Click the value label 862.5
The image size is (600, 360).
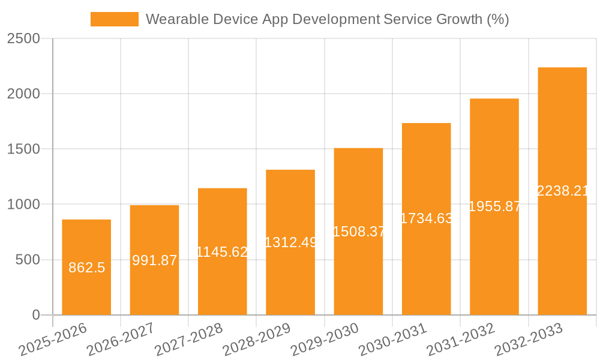(x=86, y=268)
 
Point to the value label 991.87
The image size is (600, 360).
(x=154, y=260)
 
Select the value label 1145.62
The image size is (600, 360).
(x=223, y=252)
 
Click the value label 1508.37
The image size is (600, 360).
(x=358, y=232)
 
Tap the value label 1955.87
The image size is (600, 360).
(x=494, y=206)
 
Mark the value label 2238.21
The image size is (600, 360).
(x=562, y=191)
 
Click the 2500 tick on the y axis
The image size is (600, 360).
(x=23, y=39)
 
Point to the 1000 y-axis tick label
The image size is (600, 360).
(x=23, y=205)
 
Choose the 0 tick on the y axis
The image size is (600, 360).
(x=35, y=315)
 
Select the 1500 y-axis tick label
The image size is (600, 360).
(x=23, y=149)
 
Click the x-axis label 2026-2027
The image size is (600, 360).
(x=120, y=340)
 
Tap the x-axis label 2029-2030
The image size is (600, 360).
(x=324, y=340)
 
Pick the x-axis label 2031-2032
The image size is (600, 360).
(x=460, y=340)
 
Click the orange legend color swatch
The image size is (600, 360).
(x=114, y=19)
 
